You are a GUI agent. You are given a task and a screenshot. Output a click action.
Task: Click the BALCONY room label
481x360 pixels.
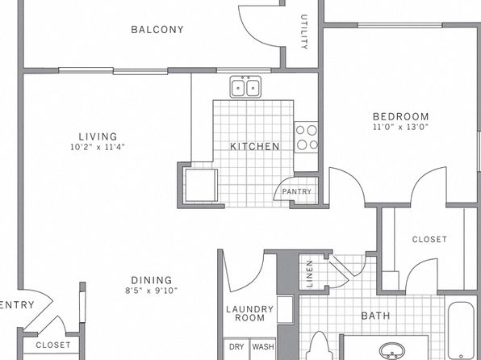click(157, 30)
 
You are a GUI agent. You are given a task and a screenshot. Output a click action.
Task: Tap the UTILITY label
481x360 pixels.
click(304, 31)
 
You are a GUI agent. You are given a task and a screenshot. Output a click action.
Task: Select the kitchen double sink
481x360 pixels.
click(245, 87)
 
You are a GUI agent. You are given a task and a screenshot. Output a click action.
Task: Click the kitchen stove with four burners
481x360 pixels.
click(306, 137)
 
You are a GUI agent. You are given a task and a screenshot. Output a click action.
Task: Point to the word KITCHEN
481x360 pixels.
click(255, 146)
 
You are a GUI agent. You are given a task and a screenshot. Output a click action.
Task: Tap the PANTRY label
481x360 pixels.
click(297, 191)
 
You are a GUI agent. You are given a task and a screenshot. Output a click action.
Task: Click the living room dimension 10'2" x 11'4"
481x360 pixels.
click(98, 147)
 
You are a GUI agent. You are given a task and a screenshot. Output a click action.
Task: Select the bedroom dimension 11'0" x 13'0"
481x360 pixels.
click(400, 127)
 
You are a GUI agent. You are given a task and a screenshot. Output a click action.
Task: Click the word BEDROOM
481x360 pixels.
click(400, 116)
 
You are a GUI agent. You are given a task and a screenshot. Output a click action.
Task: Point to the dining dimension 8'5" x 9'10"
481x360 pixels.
click(152, 291)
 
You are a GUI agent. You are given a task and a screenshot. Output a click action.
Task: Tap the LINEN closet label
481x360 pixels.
click(310, 274)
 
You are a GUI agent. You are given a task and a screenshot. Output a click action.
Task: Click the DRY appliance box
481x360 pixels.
click(236, 349)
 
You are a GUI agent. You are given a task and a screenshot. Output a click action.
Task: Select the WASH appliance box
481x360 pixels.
click(263, 349)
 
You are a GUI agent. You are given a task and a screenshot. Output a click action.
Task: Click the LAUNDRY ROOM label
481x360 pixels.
click(249, 313)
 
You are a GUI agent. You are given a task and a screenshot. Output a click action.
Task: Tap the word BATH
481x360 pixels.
click(375, 316)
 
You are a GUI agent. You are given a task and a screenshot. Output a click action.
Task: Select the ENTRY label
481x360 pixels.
click(17, 305)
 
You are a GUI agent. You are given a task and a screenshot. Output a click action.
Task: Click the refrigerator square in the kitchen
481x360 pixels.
click(201, 185)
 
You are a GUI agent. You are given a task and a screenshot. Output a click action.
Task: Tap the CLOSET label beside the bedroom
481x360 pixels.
click(429, 240)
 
